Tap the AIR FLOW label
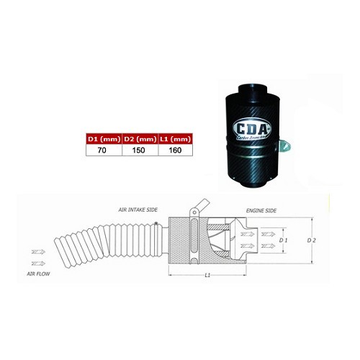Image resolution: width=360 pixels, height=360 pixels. (x=42, y=274)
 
